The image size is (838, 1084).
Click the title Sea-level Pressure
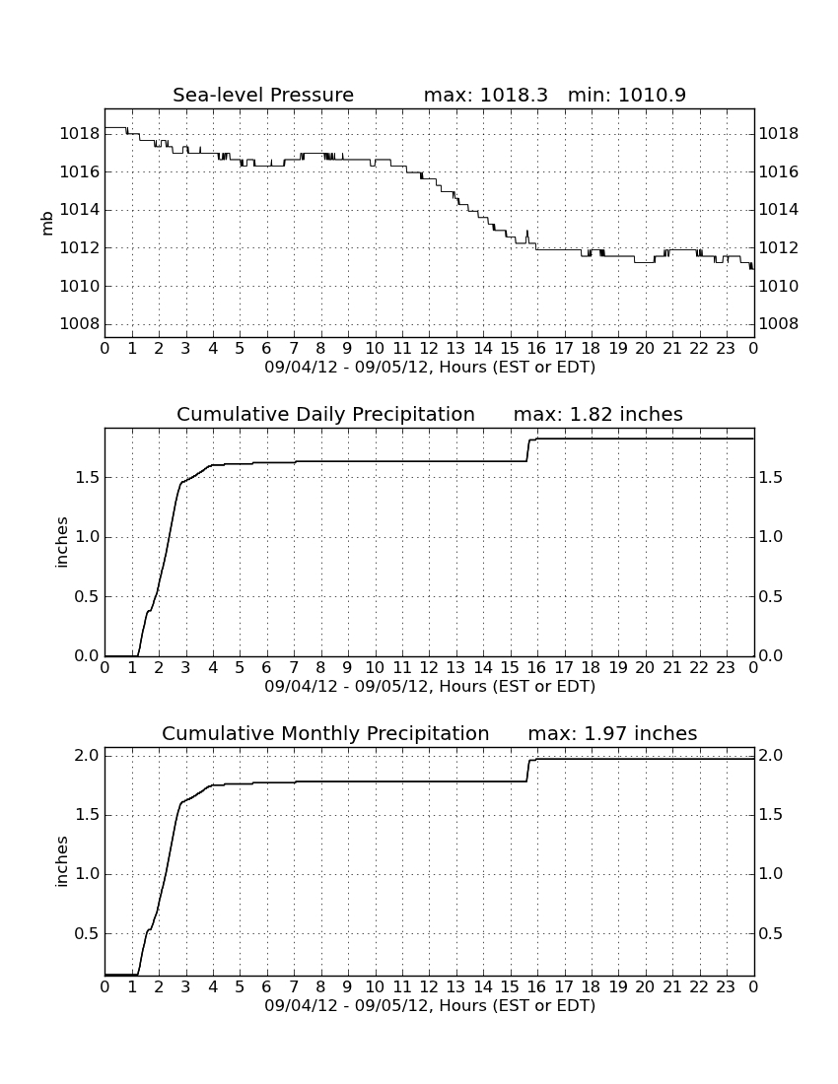coord(263,95)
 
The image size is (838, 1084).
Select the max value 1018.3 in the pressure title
coord(513,95)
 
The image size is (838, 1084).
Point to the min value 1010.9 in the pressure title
coord(652,95)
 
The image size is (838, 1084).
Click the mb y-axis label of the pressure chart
coord(47,224)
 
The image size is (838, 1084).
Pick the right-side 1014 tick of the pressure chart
coord(779,210)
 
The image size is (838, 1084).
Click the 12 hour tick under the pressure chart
coord(429,348)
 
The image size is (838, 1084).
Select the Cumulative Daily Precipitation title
coord(325,414)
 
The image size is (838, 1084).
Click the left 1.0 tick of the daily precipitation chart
coord(87,536)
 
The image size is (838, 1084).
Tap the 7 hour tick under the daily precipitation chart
coord(294,667)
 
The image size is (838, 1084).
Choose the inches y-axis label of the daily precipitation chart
coord(62,543)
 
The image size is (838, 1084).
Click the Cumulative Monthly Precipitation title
coord(325,733)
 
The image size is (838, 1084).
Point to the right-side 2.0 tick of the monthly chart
coord(771,756)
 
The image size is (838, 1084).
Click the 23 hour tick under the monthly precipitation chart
coord(726,986)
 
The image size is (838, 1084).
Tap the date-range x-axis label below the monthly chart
coord(430,1005)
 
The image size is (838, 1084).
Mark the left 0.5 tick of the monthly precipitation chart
coord(87,933)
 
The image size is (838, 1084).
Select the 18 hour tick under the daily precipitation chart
coord(592,667)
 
